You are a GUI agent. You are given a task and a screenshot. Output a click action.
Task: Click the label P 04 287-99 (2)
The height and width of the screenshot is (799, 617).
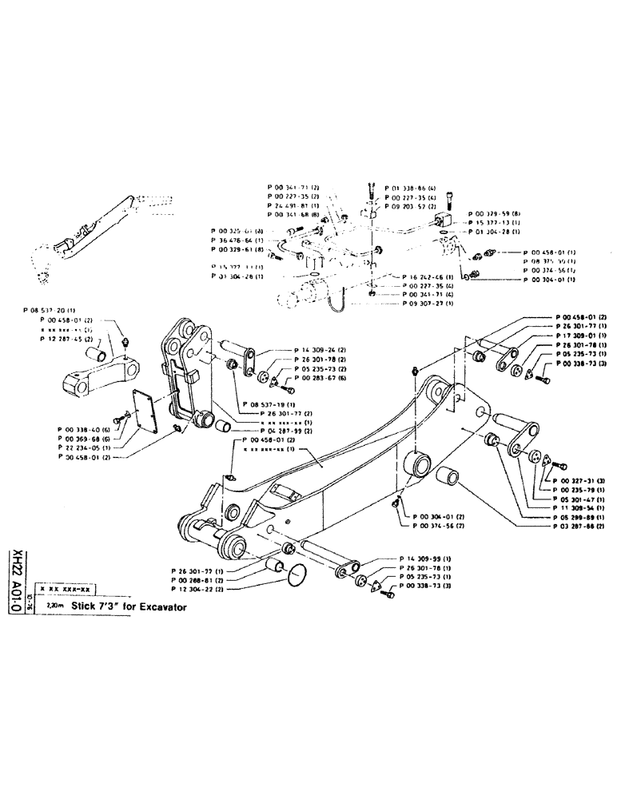point(291,430)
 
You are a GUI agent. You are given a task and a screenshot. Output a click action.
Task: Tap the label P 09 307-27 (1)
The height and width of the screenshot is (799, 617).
point(412,304)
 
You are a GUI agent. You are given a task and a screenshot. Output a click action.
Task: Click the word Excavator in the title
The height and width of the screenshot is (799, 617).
point(160,606)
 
